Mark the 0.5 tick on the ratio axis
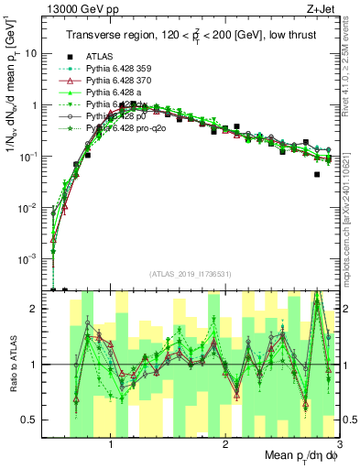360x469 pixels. point(34,420)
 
